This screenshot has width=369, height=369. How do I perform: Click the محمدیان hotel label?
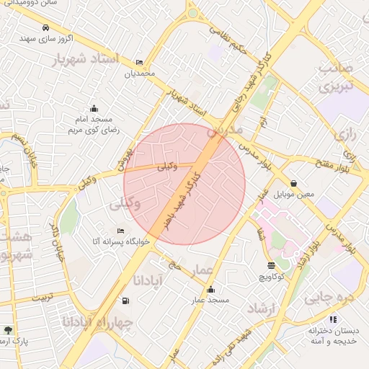(x=139, y=74)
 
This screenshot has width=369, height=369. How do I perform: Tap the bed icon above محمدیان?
(x=139, y=63)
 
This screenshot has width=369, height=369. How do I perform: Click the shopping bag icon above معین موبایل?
(x=294, y=183)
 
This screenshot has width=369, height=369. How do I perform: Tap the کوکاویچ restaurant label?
(x=270, y=276)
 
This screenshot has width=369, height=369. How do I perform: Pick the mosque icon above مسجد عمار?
(x=210, y=290)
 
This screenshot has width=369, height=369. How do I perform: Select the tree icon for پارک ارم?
(x=8, y=329)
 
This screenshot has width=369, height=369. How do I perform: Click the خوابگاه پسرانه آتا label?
(x=120, y=241)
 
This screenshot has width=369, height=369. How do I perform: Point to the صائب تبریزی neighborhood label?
(x=338, y=79)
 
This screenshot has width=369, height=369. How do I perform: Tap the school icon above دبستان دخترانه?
(x=332, y=319)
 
